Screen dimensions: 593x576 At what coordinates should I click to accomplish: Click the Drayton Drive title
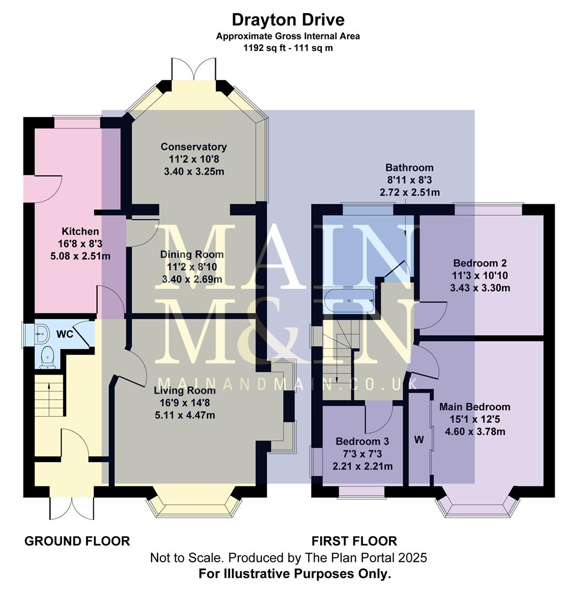288,20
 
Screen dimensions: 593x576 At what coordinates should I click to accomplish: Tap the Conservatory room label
193,147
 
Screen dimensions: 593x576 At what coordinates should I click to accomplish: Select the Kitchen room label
80,232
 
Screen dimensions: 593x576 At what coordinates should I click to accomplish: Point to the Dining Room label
192,254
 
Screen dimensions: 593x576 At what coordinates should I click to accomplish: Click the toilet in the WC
47,357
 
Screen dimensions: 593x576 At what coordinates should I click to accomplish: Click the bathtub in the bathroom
350,301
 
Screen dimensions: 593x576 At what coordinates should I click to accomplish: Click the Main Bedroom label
474,407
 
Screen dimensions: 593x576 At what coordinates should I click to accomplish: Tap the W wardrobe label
420,439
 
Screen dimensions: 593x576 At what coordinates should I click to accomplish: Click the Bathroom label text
409,167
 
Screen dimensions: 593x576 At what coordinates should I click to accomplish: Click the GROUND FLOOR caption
77,541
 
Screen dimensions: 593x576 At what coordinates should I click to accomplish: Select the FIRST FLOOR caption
354,541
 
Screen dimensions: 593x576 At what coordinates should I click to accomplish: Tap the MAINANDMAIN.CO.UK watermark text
288,383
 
